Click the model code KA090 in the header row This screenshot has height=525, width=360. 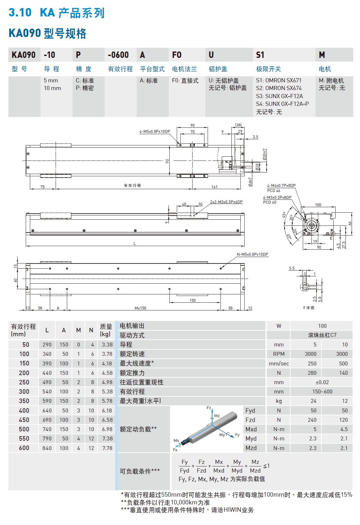click(23, 55)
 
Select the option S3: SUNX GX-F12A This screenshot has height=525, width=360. click(279, 96)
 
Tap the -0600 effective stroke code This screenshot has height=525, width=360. click(118, 55)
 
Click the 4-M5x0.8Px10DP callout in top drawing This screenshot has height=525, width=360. click(155, 132)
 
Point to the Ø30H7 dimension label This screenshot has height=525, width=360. click(265, 154)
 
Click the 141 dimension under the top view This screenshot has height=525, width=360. click(214, 187)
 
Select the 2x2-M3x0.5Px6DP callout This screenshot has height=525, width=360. click(226, 202)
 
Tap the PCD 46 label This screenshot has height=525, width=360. click(274, 191)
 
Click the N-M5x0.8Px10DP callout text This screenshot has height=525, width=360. click(252, 254)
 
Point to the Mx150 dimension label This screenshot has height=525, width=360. click(140, 308)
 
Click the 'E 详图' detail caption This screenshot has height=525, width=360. click(309, 308)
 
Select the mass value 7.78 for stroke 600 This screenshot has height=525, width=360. click(107, 448)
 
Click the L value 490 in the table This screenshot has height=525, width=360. click(47, 382)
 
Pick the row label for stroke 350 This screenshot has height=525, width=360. click(24, 401)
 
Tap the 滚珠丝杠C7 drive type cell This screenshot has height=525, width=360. click(322, 335)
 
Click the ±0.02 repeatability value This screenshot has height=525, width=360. click(322, 382)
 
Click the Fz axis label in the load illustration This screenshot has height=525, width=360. click(209, 408)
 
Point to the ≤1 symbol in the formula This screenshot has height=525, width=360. click(266, 466)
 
